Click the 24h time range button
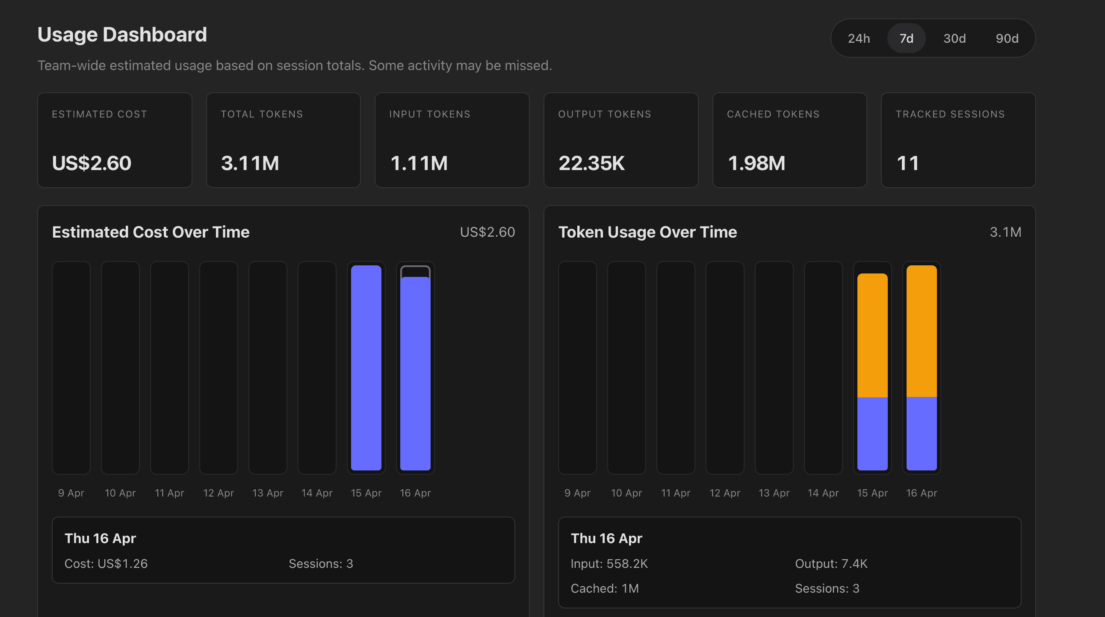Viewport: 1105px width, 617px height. click(x=858, y=38)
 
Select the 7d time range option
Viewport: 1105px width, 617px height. click(x=906, y=38)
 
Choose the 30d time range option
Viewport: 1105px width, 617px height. click(x=954, y=38)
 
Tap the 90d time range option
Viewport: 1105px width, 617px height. click(x=1006, y=38)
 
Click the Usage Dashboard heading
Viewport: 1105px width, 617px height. click(x=122, y=35)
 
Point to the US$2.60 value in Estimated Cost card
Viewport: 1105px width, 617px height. click(x=92, y=163)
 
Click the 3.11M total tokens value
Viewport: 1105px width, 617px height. click(x=250, y=163)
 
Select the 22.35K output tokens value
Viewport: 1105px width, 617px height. click(x=591, y=163)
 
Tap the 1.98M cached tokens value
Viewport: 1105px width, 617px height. click(x=756, y=163)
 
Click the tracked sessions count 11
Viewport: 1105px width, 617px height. click(x=908, y=163)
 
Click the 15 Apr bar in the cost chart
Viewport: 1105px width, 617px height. click(x=366, y=367)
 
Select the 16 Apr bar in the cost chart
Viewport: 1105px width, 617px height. click(x=415, y=373)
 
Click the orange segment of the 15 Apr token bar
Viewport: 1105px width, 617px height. click(x=872, y=335)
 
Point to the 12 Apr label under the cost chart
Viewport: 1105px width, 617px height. click(x=219, y=493)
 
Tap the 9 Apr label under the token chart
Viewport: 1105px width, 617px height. click(x=577, y=493)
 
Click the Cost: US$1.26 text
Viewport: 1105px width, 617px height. click(x=106, y=564)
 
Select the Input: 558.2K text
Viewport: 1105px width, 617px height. click(x=609, y=564)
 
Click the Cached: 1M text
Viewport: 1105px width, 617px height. click(x=604, y=588)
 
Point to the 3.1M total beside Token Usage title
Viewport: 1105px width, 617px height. click(x=1005, y=232)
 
